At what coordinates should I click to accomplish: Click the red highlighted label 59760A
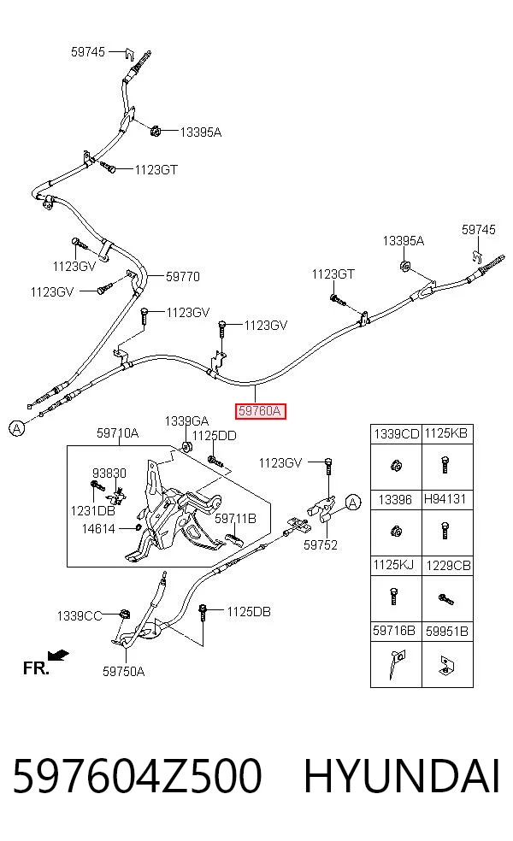260,411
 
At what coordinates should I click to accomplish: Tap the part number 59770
182,277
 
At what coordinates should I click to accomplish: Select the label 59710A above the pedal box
117,432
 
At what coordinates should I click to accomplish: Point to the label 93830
109,473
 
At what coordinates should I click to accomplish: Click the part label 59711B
236,519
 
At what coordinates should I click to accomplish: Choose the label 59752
321,545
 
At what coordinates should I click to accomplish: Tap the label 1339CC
80,615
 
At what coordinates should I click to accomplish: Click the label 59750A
123,671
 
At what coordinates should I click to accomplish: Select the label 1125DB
249,611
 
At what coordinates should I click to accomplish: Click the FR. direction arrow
58,655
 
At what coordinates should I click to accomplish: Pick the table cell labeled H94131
445,499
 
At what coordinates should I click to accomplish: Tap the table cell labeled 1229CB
448,565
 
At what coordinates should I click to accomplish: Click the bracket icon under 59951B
446,665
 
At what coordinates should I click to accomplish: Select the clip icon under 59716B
396,664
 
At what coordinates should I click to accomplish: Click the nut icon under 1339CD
396,465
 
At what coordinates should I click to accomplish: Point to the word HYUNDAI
402,775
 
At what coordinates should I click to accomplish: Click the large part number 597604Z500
137,775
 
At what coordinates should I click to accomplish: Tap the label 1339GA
186,421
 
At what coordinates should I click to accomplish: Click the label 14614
98,529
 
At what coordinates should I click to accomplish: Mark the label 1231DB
93,510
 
